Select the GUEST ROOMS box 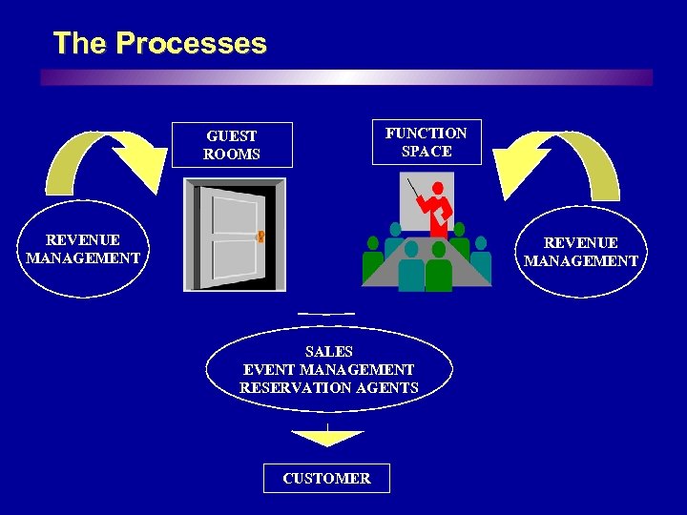tap(232, 145)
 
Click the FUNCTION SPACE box tap(427, 142)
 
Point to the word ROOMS tap(232, 154)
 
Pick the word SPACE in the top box tap(427, 152)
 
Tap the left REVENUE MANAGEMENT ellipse tap(83, 249)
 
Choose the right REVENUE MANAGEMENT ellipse tap(581, 252)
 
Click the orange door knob tap(260, 236)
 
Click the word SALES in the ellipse tap(328, 352)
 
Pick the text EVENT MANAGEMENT tap(328, 369)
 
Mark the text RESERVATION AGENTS tap(328, 387)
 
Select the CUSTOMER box tap(326, 478)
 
